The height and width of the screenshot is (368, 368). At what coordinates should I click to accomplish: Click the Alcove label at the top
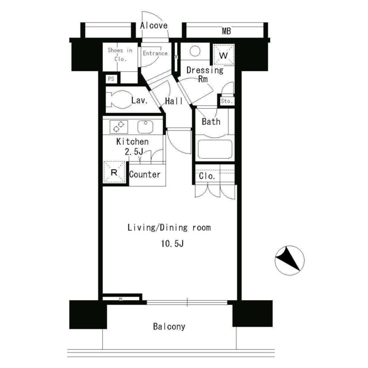154,25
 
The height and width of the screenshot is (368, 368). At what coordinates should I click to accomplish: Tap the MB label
227,31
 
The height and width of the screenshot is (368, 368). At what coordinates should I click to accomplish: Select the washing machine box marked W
224,55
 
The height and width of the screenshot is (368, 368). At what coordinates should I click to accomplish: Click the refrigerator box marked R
114,172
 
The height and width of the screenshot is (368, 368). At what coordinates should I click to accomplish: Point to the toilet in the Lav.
117,99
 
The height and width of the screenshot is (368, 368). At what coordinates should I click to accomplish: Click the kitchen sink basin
145,126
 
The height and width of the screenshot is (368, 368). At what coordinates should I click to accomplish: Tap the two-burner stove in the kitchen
119,126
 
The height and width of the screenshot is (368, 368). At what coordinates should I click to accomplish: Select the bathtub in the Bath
214,149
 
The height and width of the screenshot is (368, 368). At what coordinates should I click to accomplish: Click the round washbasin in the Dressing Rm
195,51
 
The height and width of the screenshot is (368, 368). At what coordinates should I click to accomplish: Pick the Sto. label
227,101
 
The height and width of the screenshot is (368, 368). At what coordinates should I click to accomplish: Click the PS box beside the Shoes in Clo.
111,79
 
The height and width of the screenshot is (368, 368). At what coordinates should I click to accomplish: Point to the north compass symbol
290,260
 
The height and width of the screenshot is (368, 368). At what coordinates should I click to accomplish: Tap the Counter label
145,174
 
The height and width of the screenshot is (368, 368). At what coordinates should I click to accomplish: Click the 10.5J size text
172,244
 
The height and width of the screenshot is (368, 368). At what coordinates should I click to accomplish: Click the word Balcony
169,327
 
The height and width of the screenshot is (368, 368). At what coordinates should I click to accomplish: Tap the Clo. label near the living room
207,176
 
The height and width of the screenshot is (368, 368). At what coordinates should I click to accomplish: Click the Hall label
174,101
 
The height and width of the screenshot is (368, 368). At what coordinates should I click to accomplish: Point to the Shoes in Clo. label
120,55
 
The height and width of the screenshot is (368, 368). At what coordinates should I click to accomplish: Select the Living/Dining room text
169,228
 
